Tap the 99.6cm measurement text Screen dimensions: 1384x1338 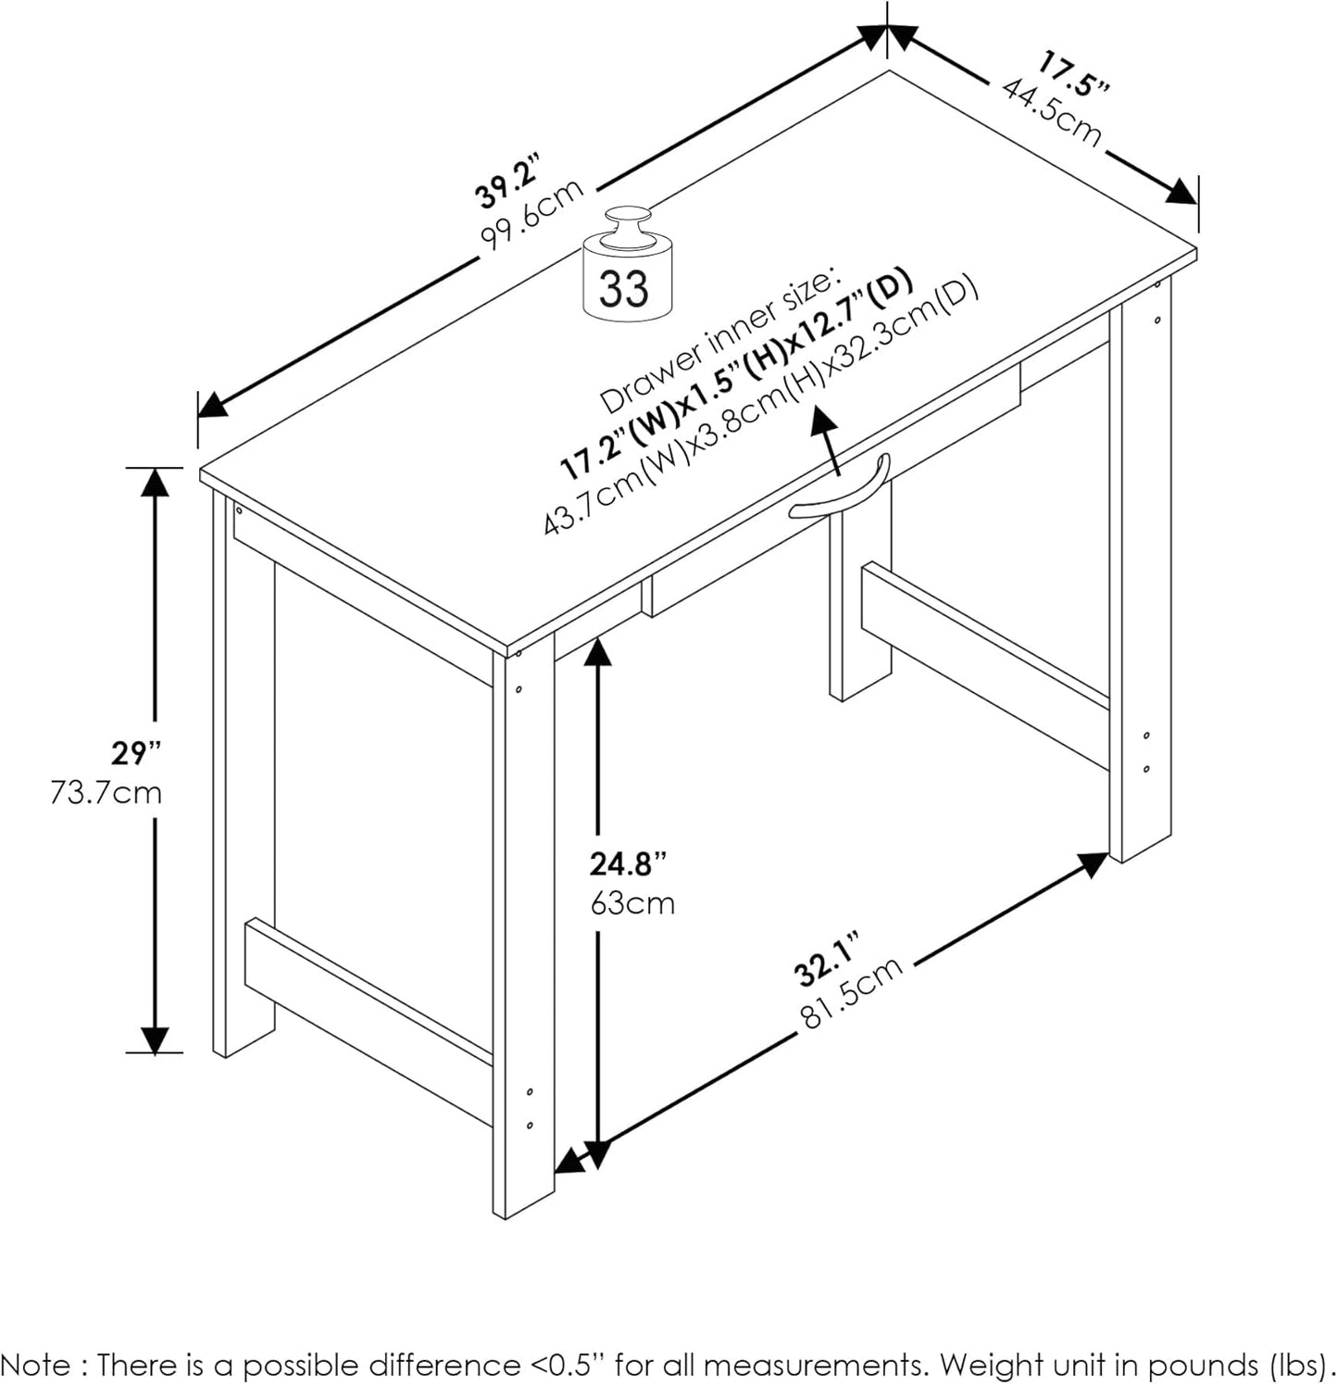click(x=532, y=215)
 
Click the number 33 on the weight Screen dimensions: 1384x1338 click(x=624, y=288)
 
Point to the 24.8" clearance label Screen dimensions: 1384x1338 click(x=628, y=864)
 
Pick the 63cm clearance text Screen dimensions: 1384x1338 click(x=632, y=902)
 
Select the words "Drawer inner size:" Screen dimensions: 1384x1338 click(x=719, y=339)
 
